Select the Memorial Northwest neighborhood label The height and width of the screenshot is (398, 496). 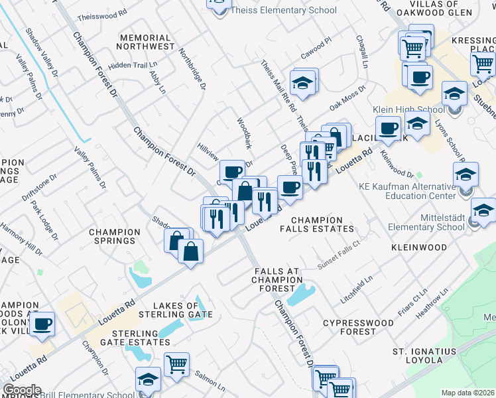tap(145, 42)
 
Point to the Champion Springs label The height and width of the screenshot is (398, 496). tap(115, 237)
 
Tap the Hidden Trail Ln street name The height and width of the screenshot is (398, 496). tap(130, 65)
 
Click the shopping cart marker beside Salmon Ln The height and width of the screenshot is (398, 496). tap(176, 364)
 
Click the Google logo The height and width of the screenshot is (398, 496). tap(21, 390)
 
